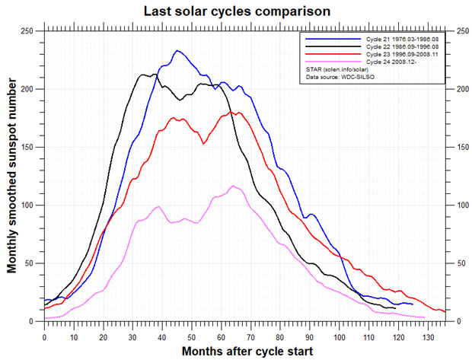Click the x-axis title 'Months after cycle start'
pyautogui.click(x=238, y=351)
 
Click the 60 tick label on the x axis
pyautogui.click(x=222, y=336)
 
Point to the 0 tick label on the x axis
pyautogui.click(x=45, y=336)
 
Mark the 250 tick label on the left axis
pyautogui.click(x=28, y=31)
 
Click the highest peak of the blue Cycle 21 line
pyautogui.click(x=177, y=51)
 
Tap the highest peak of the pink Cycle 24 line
pyautogui.click(x=233, y=186)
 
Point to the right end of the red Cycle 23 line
pyautogui.click(x=445, y=312)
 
